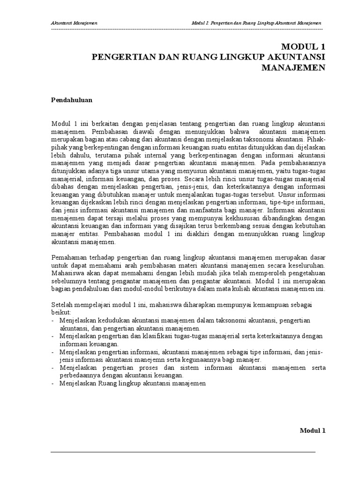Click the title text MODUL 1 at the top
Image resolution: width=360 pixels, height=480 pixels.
pyautogui.click(x=303, y=47)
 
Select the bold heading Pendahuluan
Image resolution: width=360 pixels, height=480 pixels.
pyautogui.click(x=71, y=100)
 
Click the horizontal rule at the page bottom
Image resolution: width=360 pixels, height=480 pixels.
pyautogui.click(x=183, y=452)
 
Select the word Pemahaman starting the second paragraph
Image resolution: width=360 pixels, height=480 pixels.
pyautogui.click(x=67, y=258)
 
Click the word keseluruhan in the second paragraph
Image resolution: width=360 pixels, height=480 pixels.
pyautogui.click(x=307, y=266)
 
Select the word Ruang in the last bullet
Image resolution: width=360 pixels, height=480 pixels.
pyautogui.click(x=105, y=383)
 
